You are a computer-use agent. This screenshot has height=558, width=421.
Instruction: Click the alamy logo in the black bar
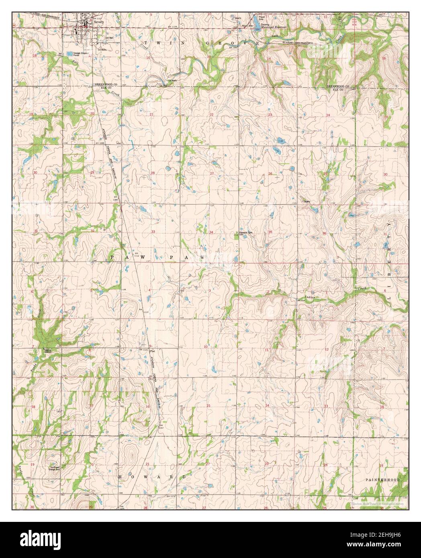37,539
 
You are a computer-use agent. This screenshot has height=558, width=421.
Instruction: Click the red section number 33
153,232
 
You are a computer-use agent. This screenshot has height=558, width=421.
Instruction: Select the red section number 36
324,233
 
